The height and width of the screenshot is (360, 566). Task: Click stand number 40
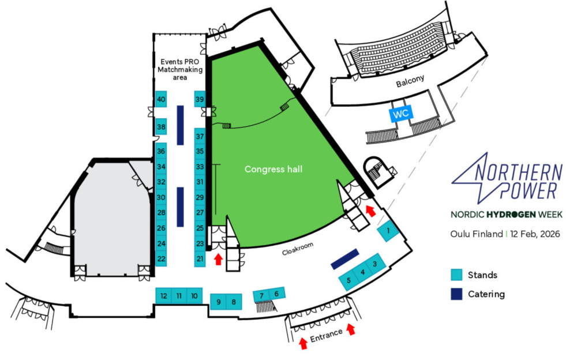point(161,99)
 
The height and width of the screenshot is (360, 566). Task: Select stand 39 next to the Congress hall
point(200,99)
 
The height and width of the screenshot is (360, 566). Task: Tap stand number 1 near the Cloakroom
point(389,231)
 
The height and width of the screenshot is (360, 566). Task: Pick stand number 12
point(164,296)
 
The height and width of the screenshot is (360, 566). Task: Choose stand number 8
point(233,301)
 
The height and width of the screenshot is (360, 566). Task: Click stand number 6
point(277,294)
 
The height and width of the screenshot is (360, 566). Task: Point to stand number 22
point(161,258)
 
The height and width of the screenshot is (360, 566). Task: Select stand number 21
point(200,258)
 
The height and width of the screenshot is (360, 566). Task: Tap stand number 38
point(161,127)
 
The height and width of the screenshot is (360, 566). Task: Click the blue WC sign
point(401,114)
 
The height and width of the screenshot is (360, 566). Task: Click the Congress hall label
point(273,169)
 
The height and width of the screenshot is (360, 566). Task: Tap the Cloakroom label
point(298,249)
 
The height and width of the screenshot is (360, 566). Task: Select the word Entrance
point(326,334)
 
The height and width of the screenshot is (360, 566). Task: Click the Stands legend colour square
point(457,275)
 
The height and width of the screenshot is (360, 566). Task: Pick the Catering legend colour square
point(457,294)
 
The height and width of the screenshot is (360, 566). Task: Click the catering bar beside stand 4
point(346,258)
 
